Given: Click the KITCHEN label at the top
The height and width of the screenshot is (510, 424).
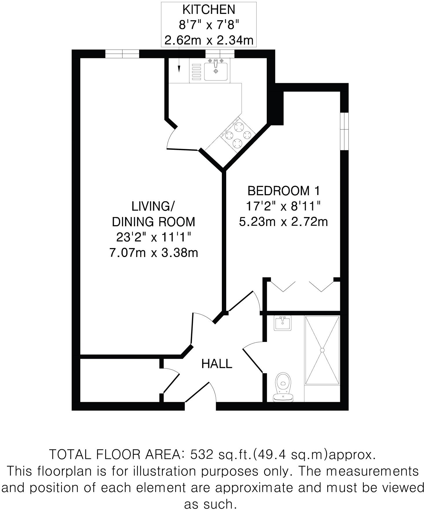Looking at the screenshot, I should point(209,10).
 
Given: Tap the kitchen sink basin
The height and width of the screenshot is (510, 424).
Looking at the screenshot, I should point(215,72).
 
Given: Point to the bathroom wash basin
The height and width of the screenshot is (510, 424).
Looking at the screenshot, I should point(283,323).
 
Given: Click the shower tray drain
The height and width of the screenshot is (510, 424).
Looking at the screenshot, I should point(322,350).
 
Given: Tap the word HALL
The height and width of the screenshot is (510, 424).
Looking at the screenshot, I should point(217,364).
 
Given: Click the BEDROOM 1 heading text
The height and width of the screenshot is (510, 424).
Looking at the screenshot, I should point(284,191).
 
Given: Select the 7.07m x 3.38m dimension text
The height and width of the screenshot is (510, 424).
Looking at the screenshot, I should point(153,253).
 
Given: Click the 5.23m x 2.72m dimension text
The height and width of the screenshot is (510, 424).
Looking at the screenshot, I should point(283,222).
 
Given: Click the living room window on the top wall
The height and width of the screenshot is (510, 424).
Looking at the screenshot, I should point(122,54).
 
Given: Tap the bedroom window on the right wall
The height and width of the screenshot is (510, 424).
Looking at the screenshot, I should point(344,131).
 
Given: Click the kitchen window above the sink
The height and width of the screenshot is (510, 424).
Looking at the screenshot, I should point(220,54).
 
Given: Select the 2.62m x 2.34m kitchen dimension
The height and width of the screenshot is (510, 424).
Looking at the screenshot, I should point(209,40).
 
